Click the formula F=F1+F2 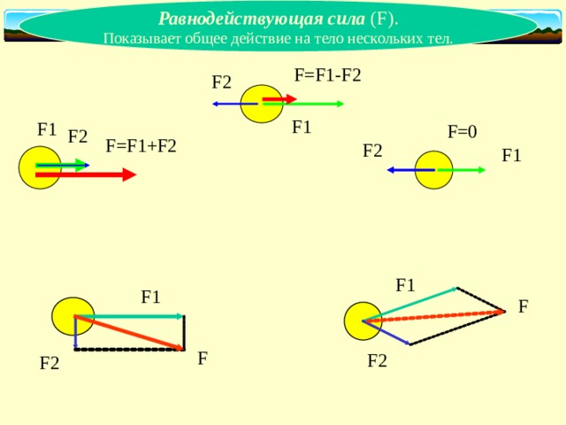[x=141, y=146]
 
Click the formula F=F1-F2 [x=328, y=75]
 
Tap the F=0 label [x=462, y=132]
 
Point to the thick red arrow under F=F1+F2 [x=86, y=174]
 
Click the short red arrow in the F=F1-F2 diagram [x=279, y=98]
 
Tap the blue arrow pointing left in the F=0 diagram [x=410, y=170]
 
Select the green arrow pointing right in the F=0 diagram [x=462, y=170]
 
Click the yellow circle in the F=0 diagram [x=433, y=170]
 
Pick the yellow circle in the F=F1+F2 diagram [x=40, y=167]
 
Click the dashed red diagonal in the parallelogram [x=433, y=316]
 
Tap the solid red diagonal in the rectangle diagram [x=129, y=333]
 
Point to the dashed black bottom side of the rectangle [x=130, y=350]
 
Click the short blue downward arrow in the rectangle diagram [x=75, y=333]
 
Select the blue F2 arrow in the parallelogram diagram [x=386, y=333]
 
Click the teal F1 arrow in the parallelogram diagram [x=410, y=304]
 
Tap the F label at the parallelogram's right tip [x=524, y=306]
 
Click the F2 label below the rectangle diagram [x=50, y=363]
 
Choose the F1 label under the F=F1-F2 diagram [x=302, y=127]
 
